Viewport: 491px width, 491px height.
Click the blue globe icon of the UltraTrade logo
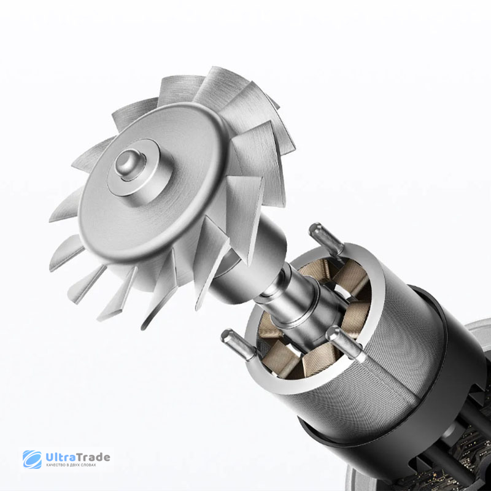32,459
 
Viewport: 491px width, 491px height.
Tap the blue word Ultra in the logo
61,457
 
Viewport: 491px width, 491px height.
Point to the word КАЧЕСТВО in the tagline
56,465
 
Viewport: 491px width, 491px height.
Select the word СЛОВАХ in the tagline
88,465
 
